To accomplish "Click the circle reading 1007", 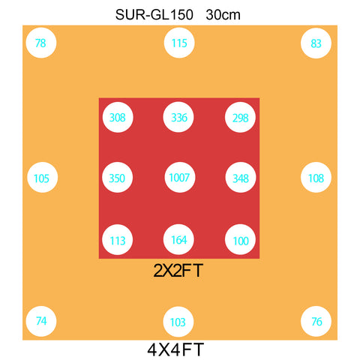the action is (x=180, y=177).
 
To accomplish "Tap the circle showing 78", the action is (x=41, y=43).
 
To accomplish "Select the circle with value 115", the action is (x=179, y=43).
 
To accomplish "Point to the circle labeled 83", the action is (x=316, y=43).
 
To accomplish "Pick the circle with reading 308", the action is (x=118, y=117).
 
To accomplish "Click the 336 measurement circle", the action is (x=178, y=117).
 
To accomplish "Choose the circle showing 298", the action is (x=240, y=117).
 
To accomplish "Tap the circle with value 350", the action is (x=117, y=177).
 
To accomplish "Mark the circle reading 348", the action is (x=241, y=177).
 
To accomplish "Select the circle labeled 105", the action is (x=43, y=177).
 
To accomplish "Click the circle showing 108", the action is (x=316, y=177).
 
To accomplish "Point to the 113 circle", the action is (x=117, y=239).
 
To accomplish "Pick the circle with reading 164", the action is (x=178, y=239).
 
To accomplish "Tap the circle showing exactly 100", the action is (x=240, y=239).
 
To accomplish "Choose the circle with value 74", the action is (x=41, y=321).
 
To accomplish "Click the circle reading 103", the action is (x=178, y=322).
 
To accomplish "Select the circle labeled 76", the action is (x=316, y=321).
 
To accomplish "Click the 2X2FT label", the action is (x=178, y=271).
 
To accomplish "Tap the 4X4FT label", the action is (x=175, y=349).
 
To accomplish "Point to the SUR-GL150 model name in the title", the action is (x=154, y=15).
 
